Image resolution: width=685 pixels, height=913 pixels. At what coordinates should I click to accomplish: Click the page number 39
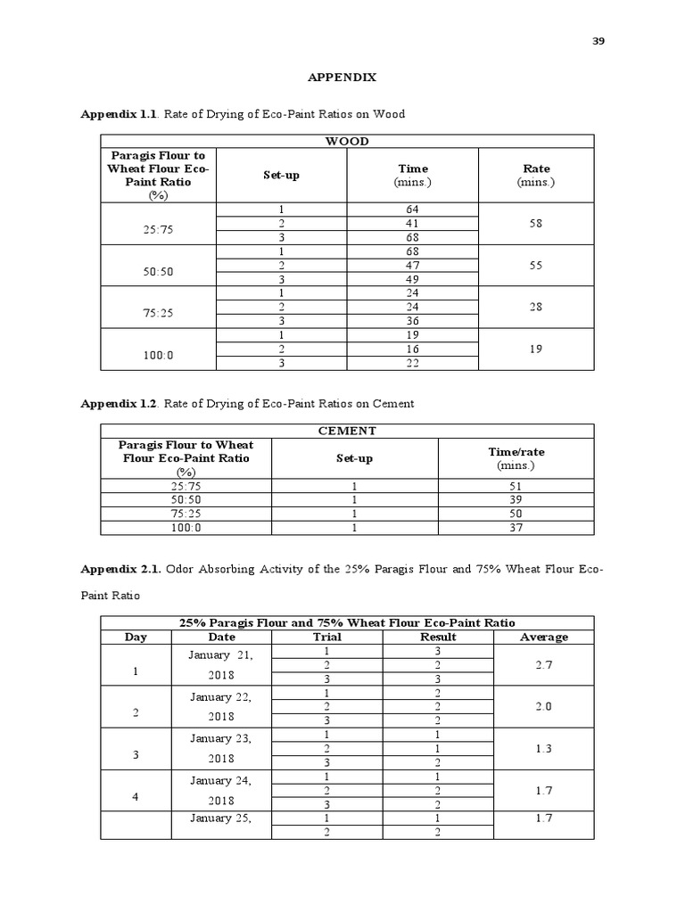[598, 41]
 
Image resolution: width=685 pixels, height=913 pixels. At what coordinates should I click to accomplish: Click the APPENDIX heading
[342, 78]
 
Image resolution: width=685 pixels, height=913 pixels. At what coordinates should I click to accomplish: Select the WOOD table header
[347, 141]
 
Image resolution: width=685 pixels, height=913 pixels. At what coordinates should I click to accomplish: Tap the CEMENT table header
[347, 431]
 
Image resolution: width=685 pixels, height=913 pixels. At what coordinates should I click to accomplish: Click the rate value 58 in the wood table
[535, 225]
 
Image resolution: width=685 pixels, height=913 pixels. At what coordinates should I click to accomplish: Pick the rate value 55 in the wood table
[535, 266]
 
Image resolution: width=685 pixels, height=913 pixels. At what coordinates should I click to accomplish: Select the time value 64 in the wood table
[411, 210]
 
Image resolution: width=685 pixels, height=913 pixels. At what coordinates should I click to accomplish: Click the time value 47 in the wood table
[411, 266]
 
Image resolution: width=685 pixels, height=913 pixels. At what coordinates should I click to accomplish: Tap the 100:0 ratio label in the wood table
[158, 355]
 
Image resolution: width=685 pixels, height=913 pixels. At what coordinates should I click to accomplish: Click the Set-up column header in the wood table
[281, 175]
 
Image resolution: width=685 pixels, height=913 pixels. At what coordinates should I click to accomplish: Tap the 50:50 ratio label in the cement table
[186, 500]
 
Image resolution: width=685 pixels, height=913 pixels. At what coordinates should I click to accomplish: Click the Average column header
[543, 637]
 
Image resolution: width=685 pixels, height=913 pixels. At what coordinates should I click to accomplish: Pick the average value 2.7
[543, 665]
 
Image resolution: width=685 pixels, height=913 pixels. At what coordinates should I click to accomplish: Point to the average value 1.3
[543, 749]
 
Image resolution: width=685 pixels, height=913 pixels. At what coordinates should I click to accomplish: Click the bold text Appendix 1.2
[119, 404]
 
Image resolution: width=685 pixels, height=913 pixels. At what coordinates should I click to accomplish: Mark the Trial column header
[327, 637]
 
